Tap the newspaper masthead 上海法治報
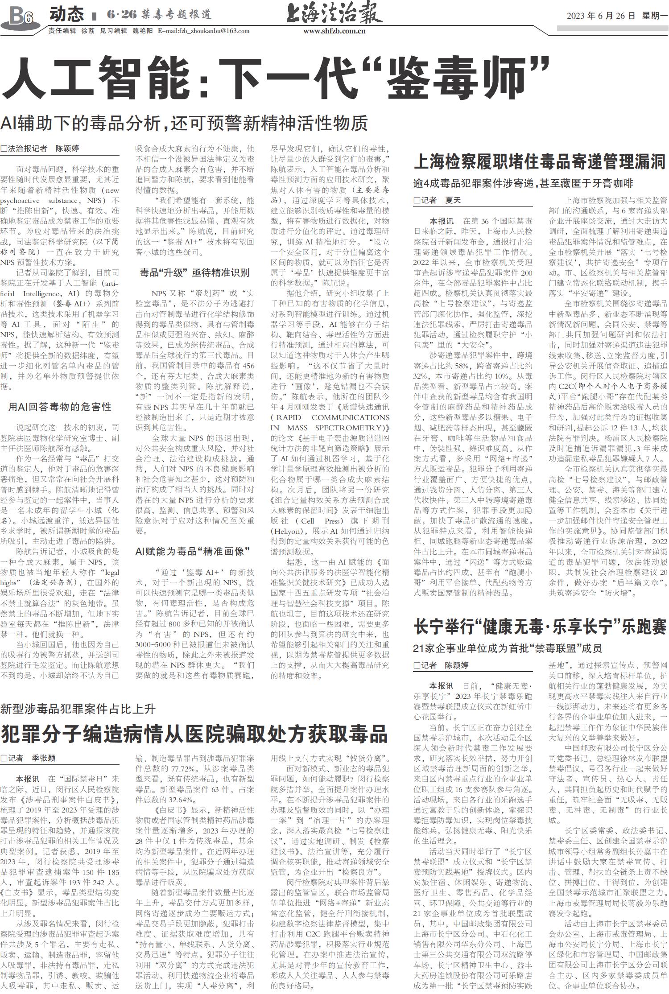334,14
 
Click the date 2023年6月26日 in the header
601,16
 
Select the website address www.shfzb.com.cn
334,31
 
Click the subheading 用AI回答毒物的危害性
60,407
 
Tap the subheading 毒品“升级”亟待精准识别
194,272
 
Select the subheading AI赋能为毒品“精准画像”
192,551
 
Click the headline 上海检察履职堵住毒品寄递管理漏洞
539,162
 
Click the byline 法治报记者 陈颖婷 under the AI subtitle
40,148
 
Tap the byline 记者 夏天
437,200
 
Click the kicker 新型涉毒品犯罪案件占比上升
78,709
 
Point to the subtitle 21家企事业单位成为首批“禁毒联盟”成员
508,648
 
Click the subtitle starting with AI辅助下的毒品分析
184,123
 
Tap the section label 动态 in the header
66,14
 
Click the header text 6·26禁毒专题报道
159,14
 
